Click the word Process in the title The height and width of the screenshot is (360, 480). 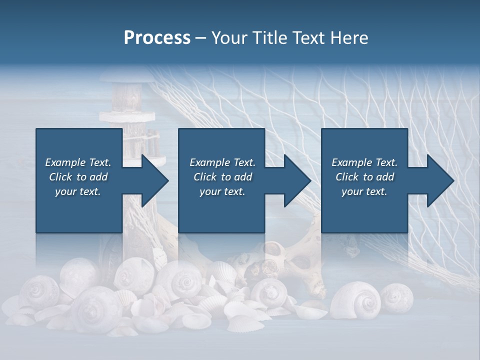coord(157,38)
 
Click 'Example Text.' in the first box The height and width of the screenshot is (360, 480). coord(78,162)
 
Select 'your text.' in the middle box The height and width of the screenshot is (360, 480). coord(222,191)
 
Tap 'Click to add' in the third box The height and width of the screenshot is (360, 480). coord(364,177)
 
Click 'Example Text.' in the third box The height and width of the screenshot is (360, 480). coord(364,162)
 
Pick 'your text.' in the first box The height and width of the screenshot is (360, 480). coord(78,191)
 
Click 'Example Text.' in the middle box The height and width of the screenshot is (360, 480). coord(222,162)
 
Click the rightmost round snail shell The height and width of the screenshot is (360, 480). coord(397,297)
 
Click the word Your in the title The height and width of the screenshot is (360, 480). coord(228,38)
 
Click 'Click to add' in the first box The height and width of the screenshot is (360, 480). coord(78,177)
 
